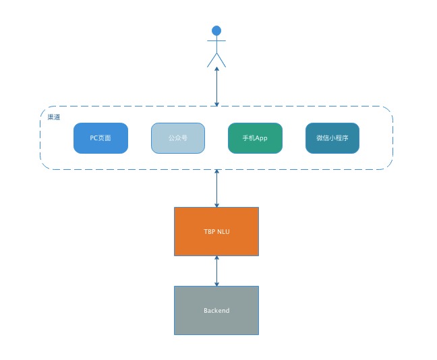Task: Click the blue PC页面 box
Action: [100, 138]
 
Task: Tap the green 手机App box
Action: [255, 138]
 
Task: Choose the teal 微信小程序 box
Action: [332, 138]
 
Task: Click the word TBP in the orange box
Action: [210, 231]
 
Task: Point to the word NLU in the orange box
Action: [223, 231]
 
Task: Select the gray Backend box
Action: [216, 310]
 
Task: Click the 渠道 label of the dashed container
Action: [53, 117]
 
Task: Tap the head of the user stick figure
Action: [216, 30]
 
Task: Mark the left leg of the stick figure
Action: [211, 60]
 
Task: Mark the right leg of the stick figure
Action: [222, 60]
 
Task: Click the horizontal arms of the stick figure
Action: [216, 41]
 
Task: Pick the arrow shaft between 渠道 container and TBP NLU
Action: [216, 189]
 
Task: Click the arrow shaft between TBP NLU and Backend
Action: [216, 270]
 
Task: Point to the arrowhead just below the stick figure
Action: [216, 71]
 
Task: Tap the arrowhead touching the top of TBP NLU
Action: [216, 204]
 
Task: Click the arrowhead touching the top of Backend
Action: [216, 283]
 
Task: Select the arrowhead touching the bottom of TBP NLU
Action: [216, 259]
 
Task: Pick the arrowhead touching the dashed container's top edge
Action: [216, 103]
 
